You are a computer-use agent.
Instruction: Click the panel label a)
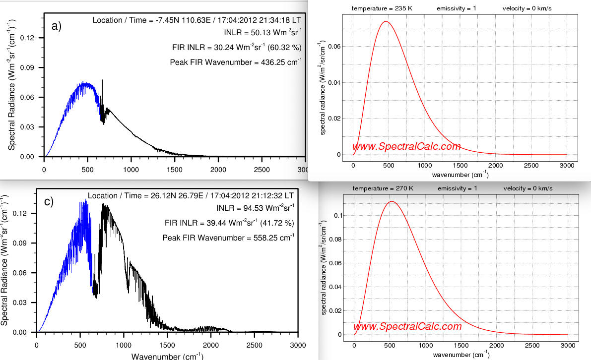click(57, 26)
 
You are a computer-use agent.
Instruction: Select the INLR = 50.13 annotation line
click(263, 33)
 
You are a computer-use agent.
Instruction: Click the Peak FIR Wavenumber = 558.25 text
click(228, 238)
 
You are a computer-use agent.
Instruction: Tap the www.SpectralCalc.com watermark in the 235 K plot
click(406, 147)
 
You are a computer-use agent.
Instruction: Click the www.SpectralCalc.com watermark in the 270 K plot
click(407, 327)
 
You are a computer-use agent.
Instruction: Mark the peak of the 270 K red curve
click(392, 201)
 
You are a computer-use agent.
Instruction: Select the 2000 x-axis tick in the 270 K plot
click(496, 345)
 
